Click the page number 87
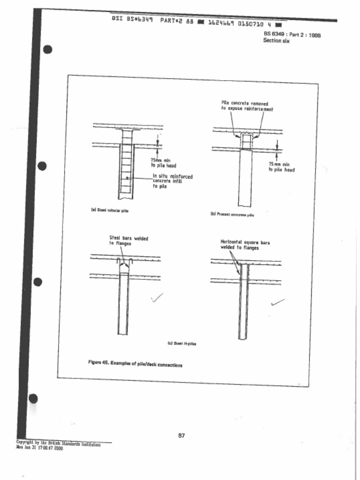181,435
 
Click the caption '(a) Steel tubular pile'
110,210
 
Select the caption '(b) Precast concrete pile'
232,214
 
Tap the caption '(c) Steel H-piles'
182,343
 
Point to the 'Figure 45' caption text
135,364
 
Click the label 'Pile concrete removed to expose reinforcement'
247,106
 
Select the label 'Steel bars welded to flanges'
128,241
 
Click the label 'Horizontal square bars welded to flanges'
245,245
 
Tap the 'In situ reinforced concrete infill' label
172,181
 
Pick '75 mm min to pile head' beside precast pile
281,167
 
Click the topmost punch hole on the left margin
47,49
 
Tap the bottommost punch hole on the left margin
33,398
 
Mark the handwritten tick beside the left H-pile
157,297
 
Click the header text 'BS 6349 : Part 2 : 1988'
292,34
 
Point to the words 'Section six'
276,41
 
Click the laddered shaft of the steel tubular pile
126,169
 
